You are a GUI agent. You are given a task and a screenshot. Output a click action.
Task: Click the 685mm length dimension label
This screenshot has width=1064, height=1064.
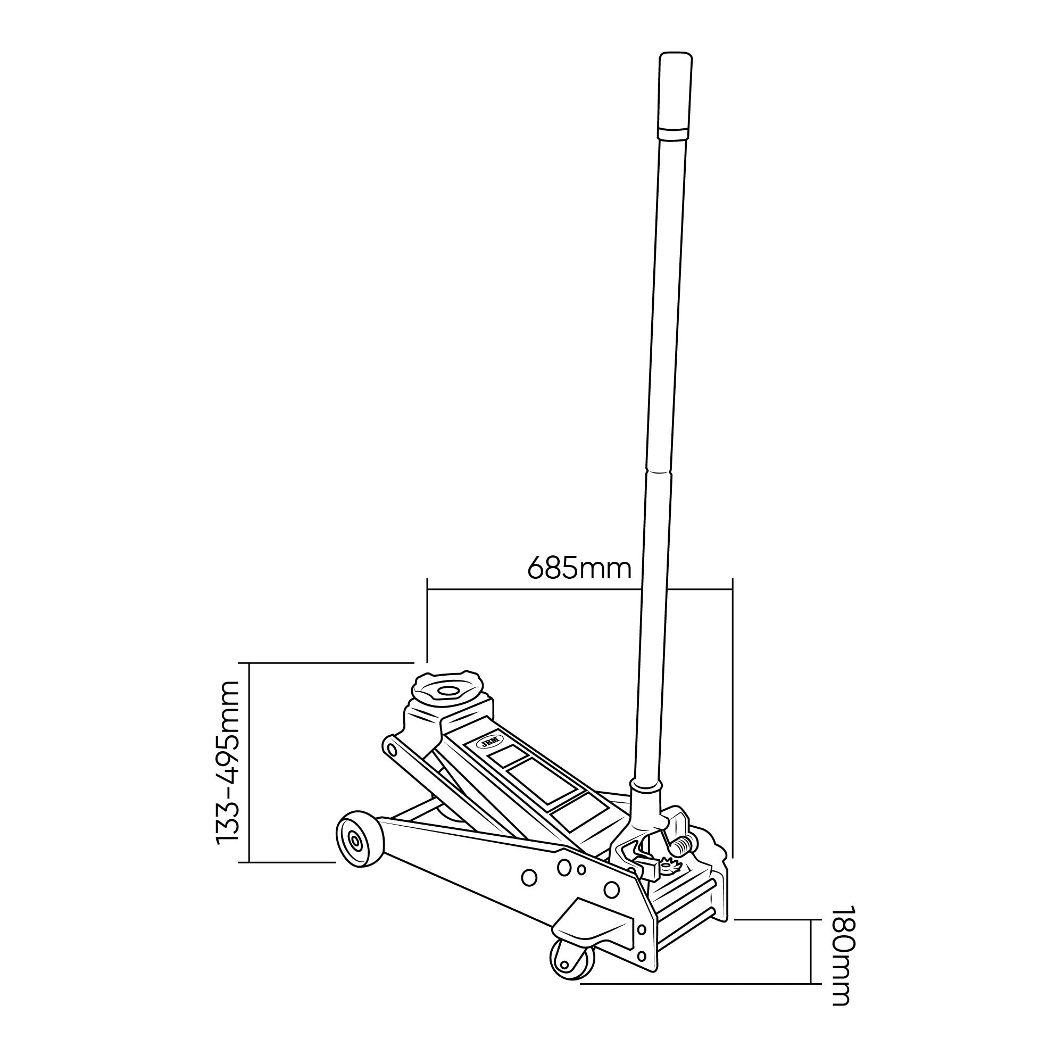[579, 568]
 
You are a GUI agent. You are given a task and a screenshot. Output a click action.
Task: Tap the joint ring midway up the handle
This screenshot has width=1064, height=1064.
[659, 472]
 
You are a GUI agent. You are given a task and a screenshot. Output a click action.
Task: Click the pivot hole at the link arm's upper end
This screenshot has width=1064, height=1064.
[392, 749]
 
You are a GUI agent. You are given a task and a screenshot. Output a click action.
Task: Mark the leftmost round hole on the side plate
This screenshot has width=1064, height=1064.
[529, 878]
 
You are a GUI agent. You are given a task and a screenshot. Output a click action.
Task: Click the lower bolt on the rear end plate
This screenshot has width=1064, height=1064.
[641, 955]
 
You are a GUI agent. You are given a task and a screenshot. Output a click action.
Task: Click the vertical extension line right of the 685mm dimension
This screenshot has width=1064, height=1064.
[733, 716]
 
